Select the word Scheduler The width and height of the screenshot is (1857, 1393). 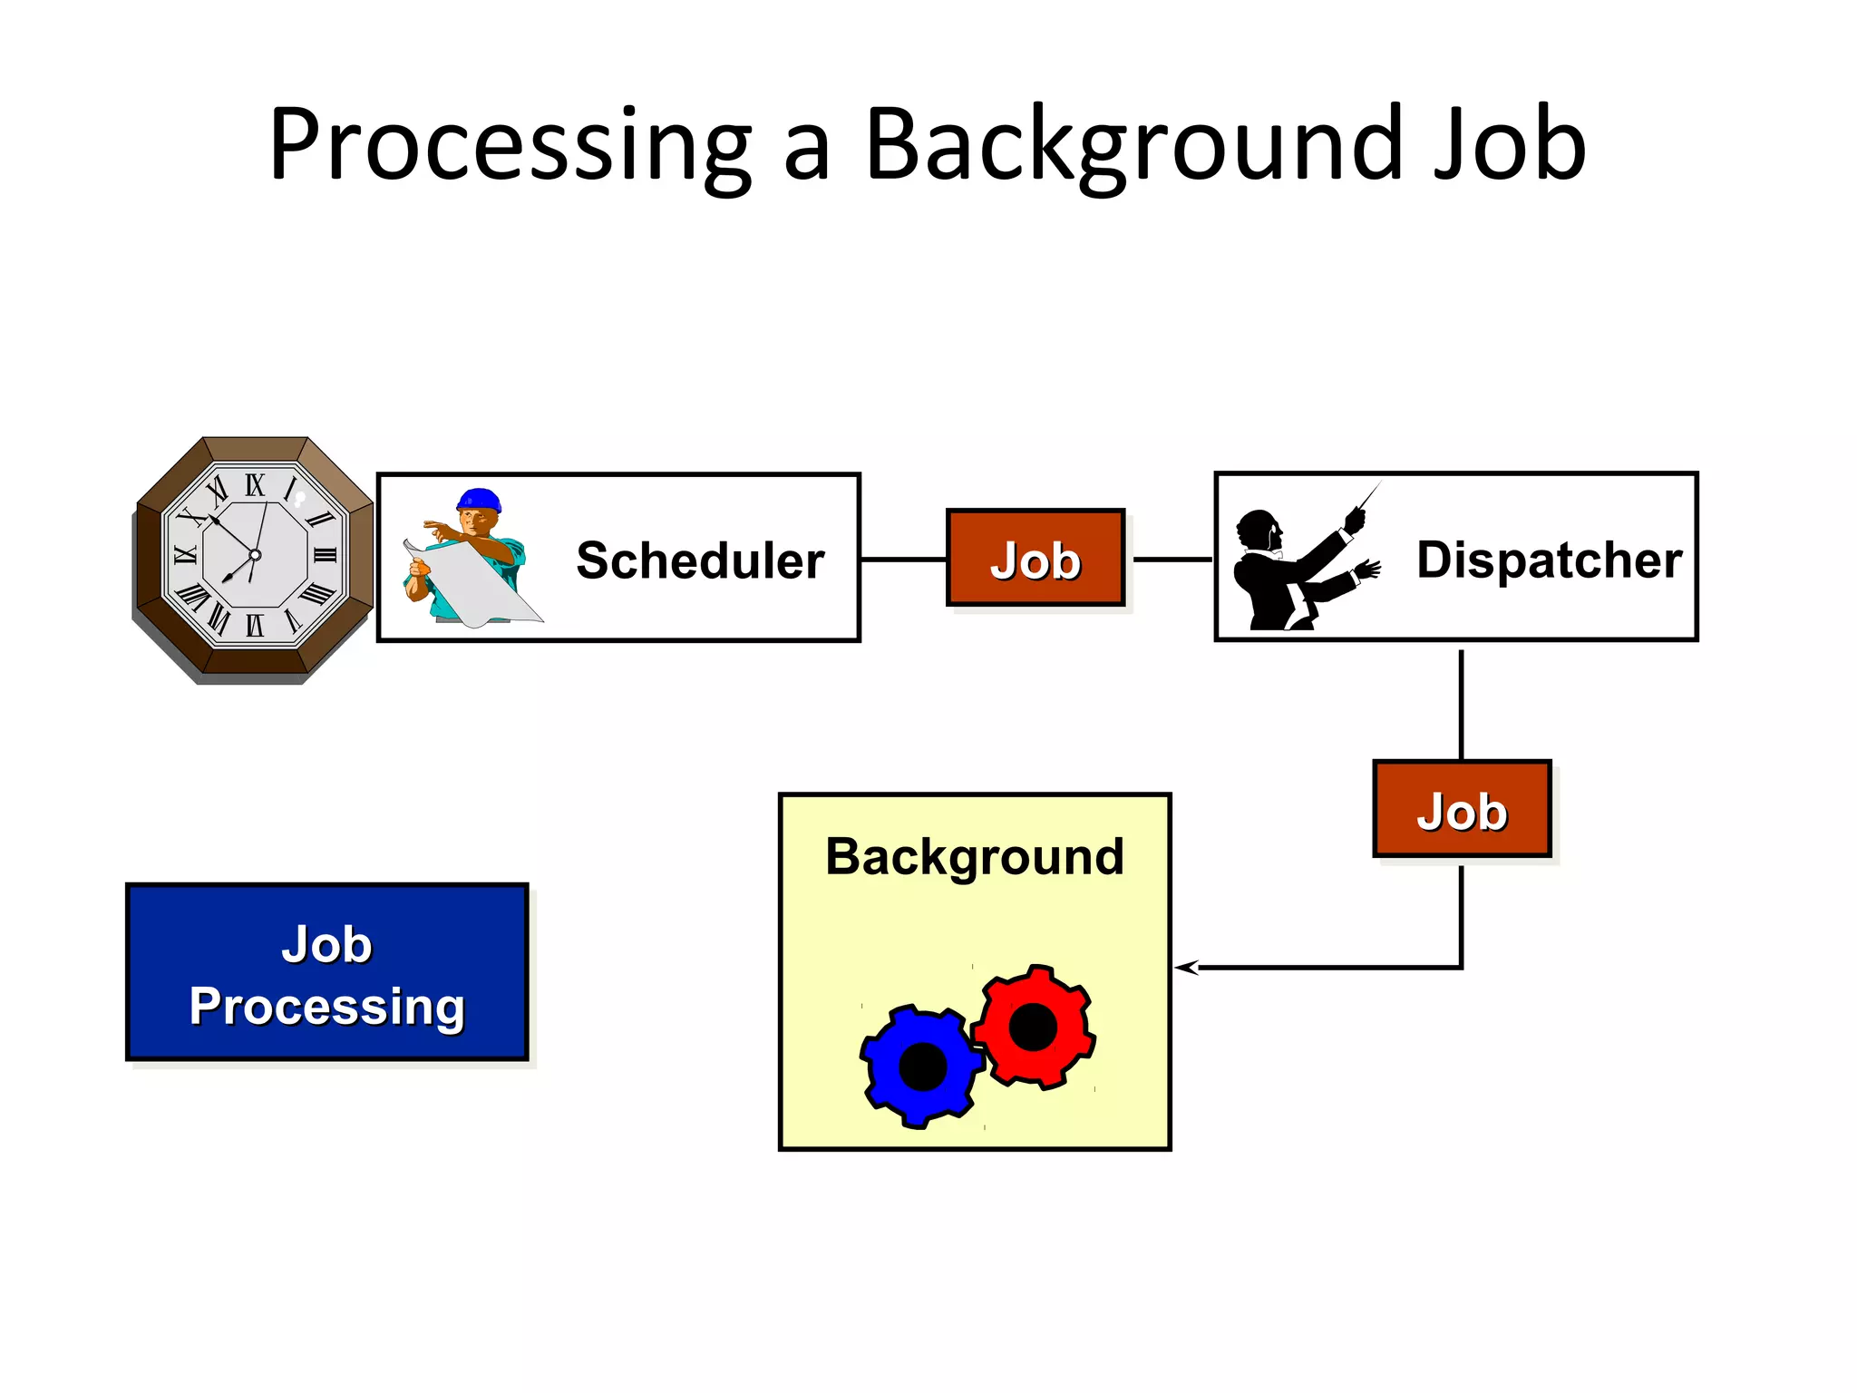coord(700,560)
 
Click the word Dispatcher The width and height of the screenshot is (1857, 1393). coord(1549,560)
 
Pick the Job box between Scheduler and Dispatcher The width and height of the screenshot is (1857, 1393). coord(1035,558)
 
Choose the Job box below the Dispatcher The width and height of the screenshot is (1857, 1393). coord(1462,809)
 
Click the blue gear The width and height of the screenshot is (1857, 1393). coord(922,1066)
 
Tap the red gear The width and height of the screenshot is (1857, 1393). coord(1033,1028)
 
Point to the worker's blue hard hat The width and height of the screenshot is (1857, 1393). coord(480,500)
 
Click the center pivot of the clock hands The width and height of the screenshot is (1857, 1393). coord(255,555)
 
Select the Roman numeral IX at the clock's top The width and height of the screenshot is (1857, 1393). coord(255,485)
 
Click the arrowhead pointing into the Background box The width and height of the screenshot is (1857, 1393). coord(1186,968)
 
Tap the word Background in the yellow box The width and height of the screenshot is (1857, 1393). coord(974,856)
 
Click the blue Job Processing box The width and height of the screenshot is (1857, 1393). coord(326,972)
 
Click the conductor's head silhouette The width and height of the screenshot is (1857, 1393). coord(1259,530)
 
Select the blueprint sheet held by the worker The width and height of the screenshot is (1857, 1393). coord(476,585)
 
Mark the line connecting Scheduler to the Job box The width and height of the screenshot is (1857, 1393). coord(902,560)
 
